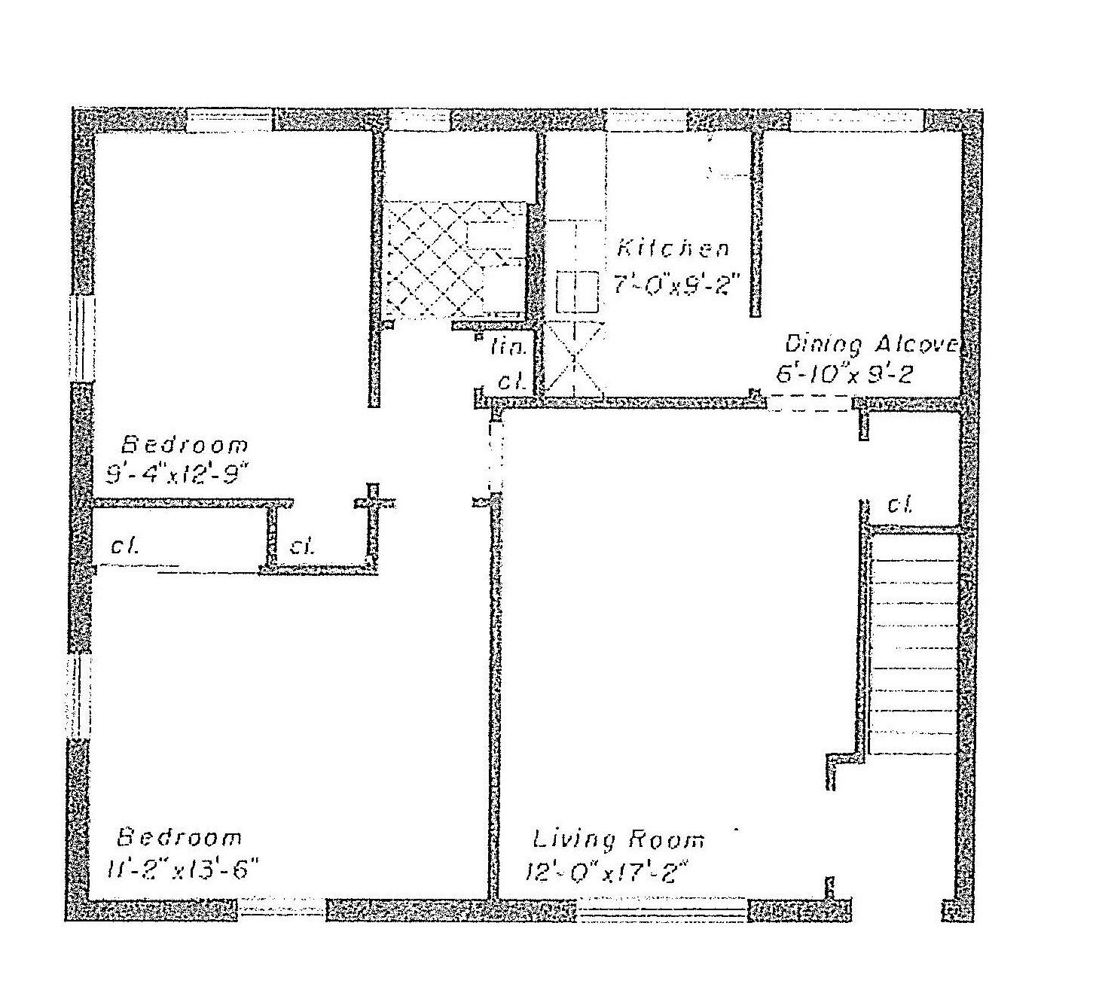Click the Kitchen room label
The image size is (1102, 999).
click(x=673, y=248)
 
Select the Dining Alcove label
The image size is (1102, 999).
click(x=870, y=345)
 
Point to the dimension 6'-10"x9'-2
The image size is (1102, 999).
click(x=844, y=374)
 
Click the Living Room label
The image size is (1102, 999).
click(x=618, y=839)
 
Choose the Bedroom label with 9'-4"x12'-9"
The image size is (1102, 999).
click(x=185, y=444)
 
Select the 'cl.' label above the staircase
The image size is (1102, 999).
click(x=899, y=504)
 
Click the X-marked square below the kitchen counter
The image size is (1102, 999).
click(x=574, y=358)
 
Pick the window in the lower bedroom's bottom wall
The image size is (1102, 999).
click(x=282, y=909)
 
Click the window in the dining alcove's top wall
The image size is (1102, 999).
click(x=856, y=120)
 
